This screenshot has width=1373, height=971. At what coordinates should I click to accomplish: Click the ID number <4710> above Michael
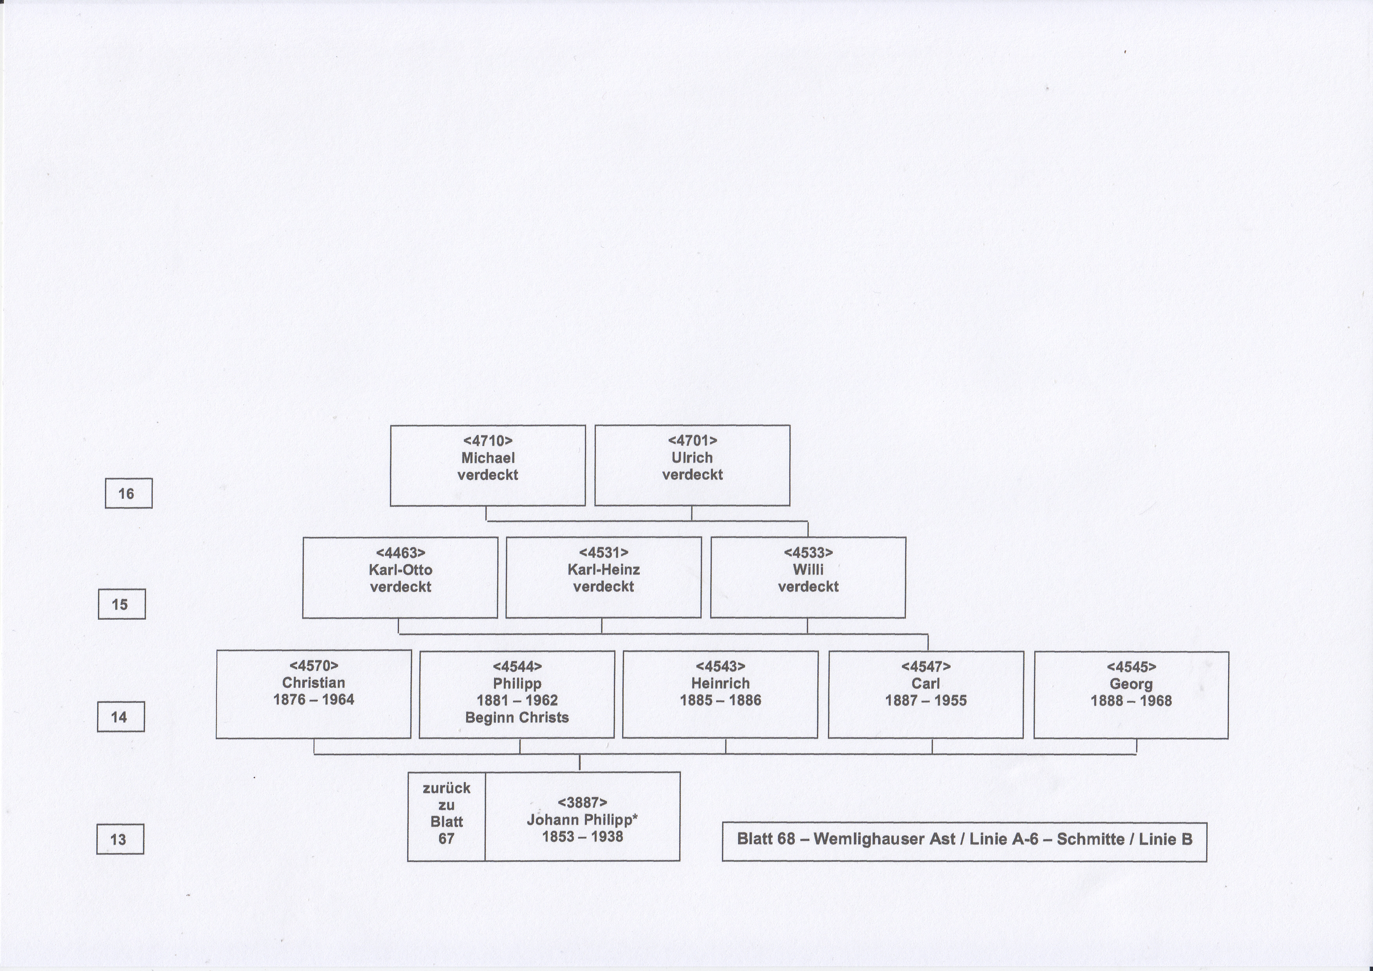pos(488,440)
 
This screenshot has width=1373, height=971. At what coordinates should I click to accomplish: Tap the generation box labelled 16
pos(128,493)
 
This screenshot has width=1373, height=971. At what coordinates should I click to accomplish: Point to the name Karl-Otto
pos(401,570)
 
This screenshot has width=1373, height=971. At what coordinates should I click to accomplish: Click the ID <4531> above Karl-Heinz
pos(603,552)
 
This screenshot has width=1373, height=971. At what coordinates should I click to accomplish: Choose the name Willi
pos(808,570)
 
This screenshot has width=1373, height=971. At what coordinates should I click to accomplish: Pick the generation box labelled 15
pos(121,604)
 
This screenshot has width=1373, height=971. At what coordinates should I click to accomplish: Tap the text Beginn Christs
pos(517,718)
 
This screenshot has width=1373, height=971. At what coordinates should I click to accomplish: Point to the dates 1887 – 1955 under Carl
pos(926,700)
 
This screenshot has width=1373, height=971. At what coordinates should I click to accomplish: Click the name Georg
pos(1131,684)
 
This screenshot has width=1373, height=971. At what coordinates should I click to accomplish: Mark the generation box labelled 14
pos(121,716)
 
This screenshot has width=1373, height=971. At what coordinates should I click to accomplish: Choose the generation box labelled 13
pos(120,839)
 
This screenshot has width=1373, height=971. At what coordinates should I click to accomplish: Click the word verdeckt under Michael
pos(488,475)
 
